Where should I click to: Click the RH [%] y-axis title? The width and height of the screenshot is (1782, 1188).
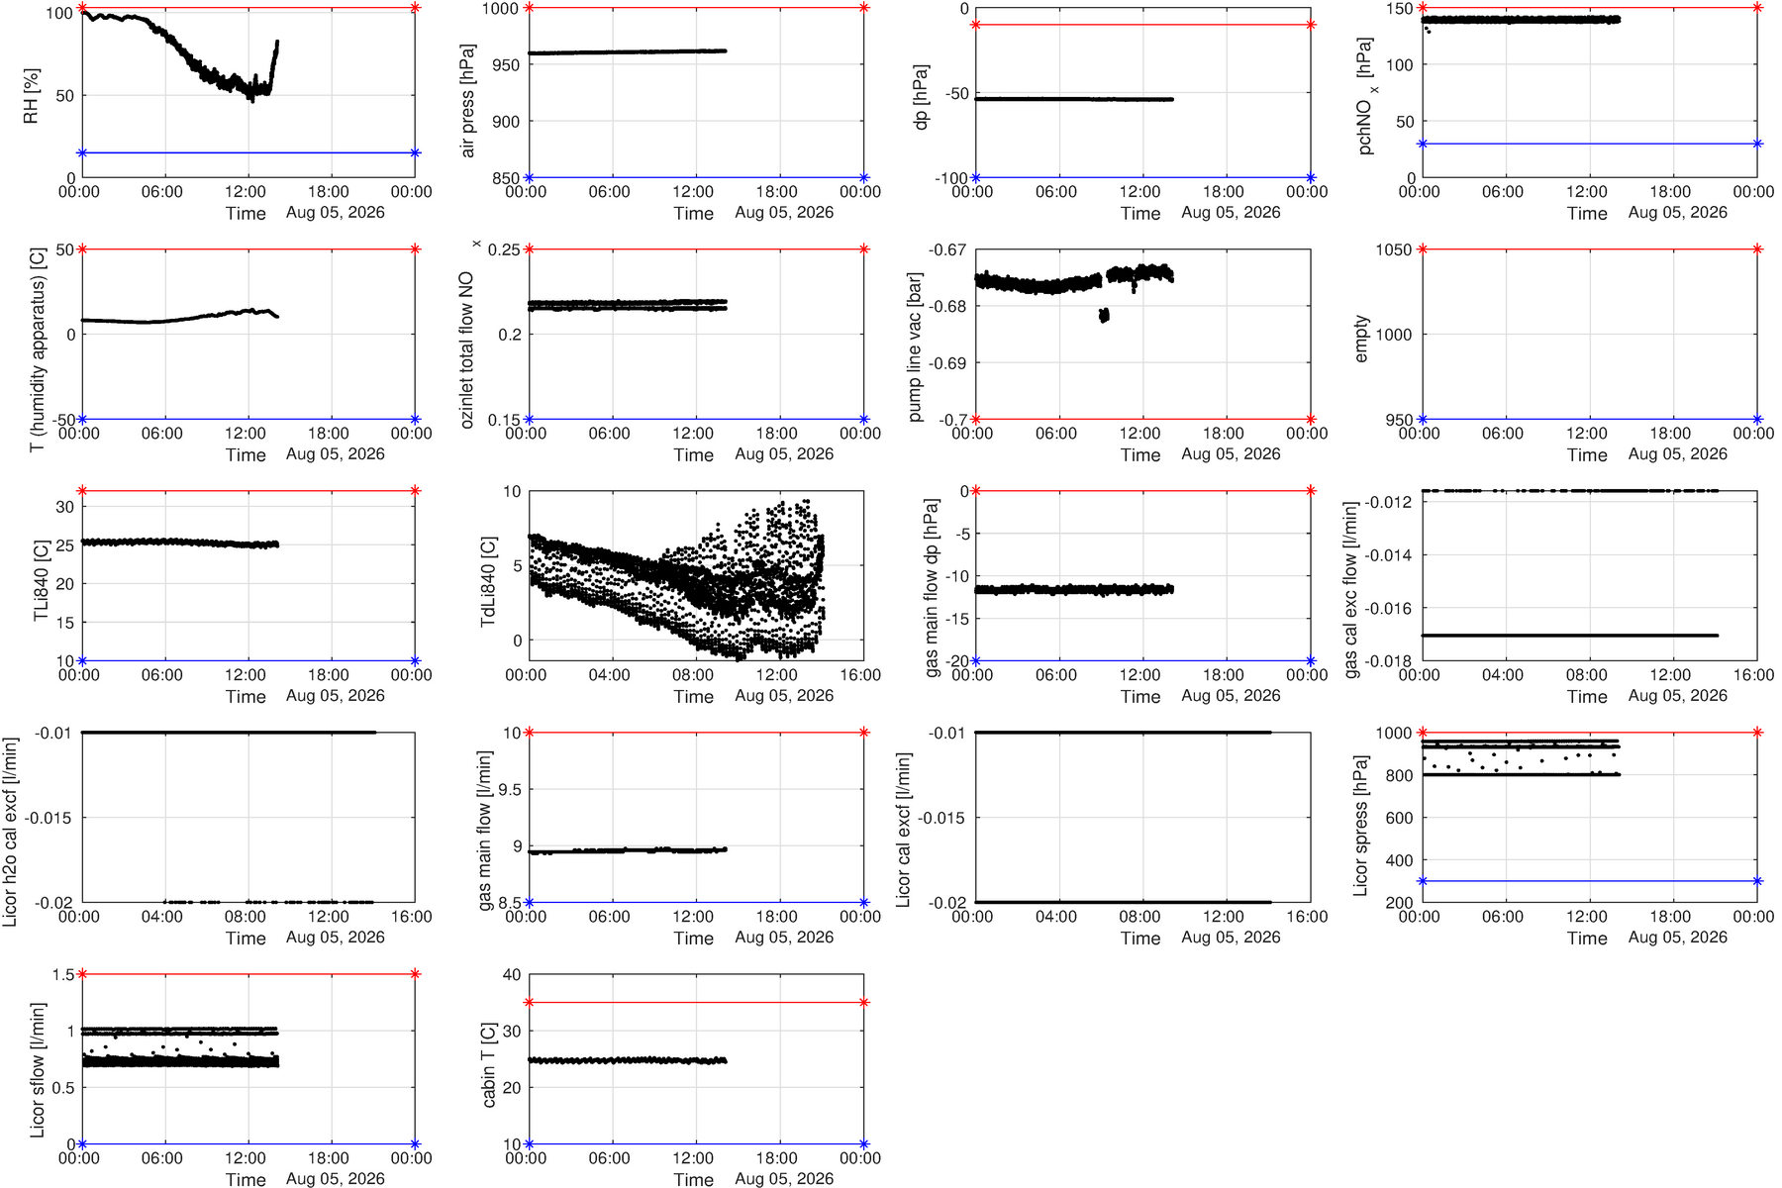click(31, 96)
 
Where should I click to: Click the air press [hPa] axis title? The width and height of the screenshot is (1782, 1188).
click(467, 101)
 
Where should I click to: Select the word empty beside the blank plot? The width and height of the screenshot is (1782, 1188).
click(1361, 339)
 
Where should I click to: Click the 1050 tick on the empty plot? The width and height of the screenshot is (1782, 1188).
click(1394, 249)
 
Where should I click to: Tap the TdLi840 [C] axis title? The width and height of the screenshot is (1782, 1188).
click(488, 581)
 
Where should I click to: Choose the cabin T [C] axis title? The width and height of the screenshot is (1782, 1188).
click(488, 1064)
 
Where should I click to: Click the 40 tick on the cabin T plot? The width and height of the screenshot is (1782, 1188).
click(512, 975)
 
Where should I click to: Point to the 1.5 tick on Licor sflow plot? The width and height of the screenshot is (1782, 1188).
click(63, 975)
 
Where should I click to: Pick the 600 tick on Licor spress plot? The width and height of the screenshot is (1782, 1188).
click(1398, 819)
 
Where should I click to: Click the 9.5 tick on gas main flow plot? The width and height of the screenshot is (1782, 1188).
click(510, 790)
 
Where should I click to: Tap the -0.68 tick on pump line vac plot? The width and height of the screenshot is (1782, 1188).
click(948, 307)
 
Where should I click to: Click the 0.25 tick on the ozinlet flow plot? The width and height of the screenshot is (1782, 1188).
click(505, 249)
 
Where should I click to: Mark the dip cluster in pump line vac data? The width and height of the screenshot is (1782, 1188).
click(1104, 316)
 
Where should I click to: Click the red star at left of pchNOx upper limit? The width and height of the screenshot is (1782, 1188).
click(1423, 8)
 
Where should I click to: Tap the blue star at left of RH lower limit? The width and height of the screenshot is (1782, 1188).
click(82, 152)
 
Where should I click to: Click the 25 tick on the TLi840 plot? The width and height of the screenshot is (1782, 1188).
click(65, 545)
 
